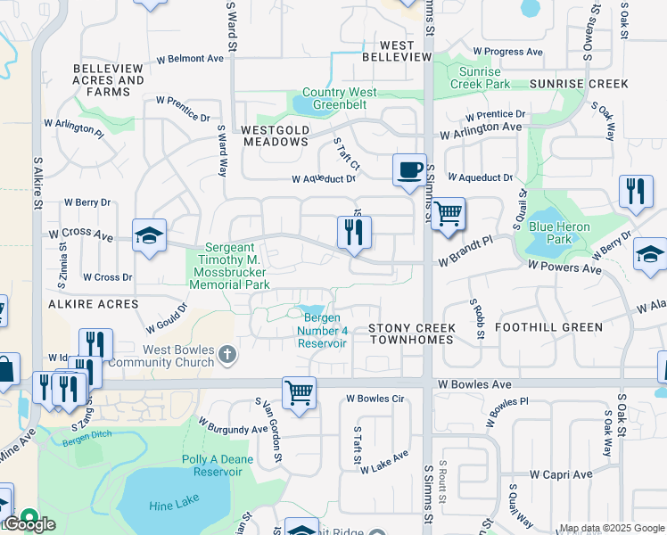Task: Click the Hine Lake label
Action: coord(175,504)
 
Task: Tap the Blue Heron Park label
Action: coord(559,234)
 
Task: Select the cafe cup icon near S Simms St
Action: coord(409,169)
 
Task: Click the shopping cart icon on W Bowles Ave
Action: coord(299,392)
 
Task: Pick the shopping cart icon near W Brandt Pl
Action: coord(449,213)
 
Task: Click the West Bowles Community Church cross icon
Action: coord(227,356)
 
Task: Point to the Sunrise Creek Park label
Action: coord(480,78)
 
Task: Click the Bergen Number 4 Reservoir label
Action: coord(322,331)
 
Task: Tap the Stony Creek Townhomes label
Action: coord(412,334)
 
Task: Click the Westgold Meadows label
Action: coord(275,136)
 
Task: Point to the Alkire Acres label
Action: coord(100,304)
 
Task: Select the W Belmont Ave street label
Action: coord(190,59)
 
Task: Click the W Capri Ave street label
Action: coord(561,474)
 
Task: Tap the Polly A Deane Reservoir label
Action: coord(218,465)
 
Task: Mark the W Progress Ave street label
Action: coord(507,52)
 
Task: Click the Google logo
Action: coord(29,524)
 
